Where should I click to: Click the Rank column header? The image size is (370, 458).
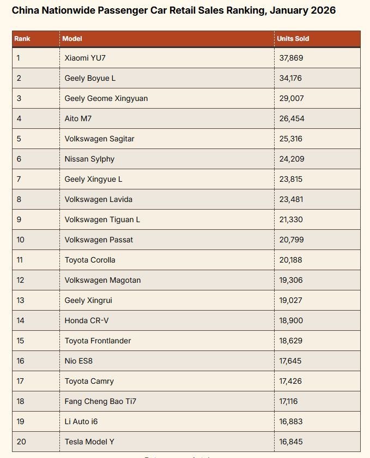(x=22, y=39)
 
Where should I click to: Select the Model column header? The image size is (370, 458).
(x=72, y=39)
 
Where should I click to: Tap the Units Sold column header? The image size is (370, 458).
(x=293, y=39)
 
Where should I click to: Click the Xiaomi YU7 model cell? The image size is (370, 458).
(x=86, y=58)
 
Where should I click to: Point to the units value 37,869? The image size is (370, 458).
(x=291, y=58)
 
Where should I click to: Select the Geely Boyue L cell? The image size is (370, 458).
(x=90, y=78)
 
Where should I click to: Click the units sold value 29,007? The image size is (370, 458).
(x=291, y=98)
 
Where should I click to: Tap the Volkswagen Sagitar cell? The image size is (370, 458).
(x=99, y=139)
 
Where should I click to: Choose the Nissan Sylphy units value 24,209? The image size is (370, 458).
(x=292, y=159)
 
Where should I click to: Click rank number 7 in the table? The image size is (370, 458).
(x=19, y=179)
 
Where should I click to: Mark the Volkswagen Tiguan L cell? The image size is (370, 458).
(x=102, y=219)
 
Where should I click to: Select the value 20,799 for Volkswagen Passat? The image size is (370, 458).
(x=292, y=240)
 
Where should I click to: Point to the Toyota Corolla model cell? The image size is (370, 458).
(x=90, y=260)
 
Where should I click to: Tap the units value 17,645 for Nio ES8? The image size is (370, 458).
(x=290, y=361)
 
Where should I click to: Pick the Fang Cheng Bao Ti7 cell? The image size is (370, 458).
(x=100, y=401)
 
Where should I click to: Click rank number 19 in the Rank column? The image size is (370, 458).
(x=20, y=421)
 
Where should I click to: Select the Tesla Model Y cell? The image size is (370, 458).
(x=89, y=442)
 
